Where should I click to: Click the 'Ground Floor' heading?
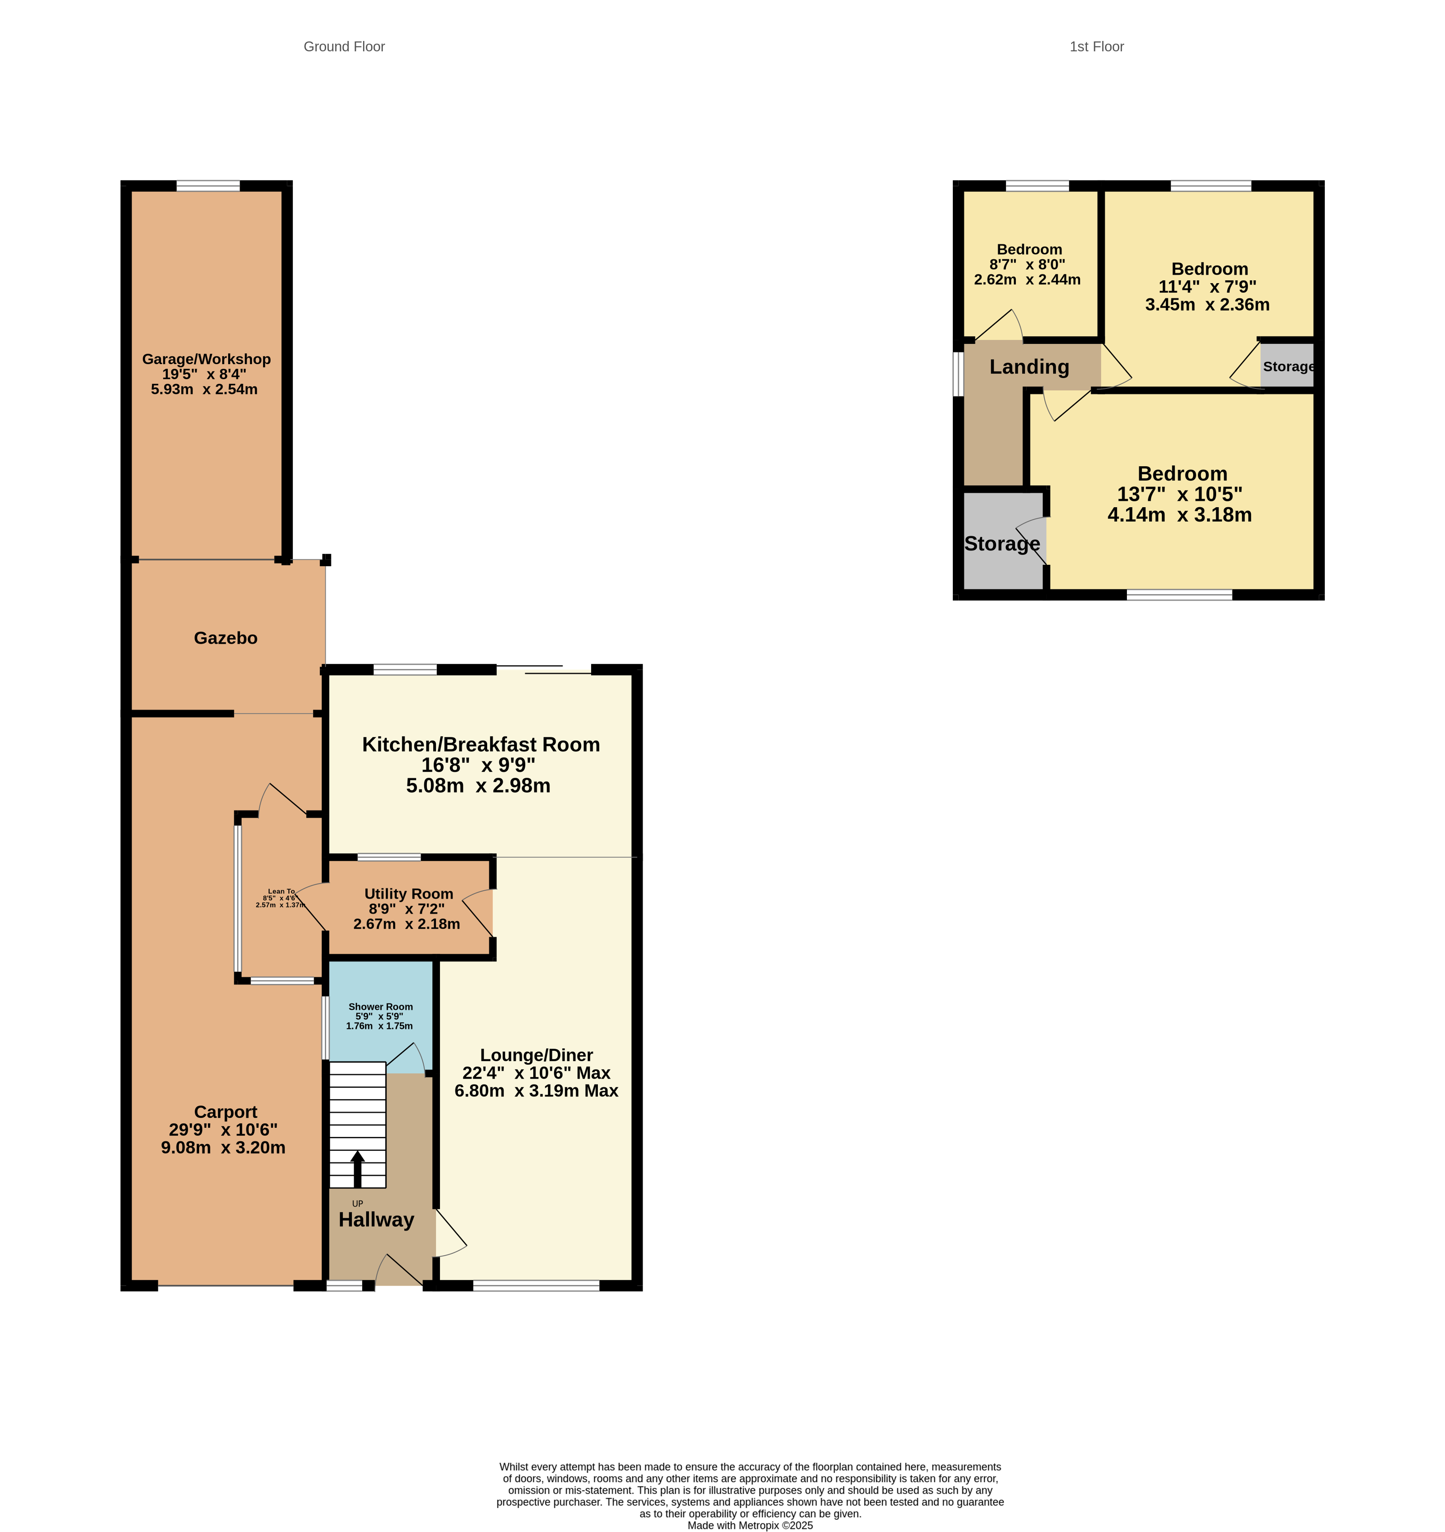(344, 47)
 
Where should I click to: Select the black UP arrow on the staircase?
(357, 1167)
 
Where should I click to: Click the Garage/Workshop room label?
(206, 359)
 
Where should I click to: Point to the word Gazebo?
(226, 638)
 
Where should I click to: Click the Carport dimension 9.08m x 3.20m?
(224, 1148)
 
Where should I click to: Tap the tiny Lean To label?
(281, 892)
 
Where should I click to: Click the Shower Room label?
(381, 1006)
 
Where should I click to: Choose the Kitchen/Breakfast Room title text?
(480, 744)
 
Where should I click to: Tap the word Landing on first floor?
(1029, 367)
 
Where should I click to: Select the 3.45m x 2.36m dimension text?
(1207, 304)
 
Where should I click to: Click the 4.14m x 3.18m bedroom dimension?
(1179, 515)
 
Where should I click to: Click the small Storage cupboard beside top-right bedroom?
(1288, 367)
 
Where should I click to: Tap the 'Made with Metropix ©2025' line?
(750, 1525)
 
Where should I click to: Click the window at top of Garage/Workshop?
(208, 186)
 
